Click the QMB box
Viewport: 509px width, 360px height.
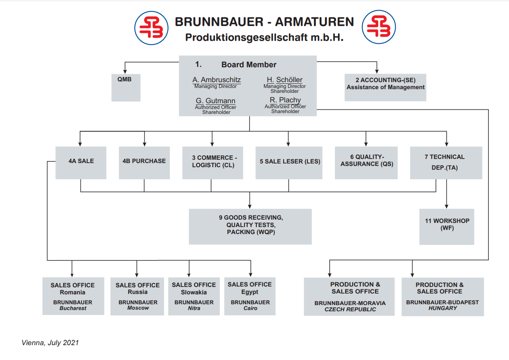point(126,88)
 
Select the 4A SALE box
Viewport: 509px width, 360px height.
point(81,163)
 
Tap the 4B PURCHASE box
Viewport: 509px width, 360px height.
point(144,163)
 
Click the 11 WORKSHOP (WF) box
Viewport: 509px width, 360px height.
point(447,227)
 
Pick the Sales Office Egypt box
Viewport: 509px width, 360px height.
point(250,296)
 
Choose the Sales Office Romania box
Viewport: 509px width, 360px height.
point(73,296)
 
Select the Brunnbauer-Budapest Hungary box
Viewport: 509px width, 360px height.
point(443,297)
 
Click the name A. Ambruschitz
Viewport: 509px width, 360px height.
point(216,80)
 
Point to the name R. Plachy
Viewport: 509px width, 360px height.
point(285,100)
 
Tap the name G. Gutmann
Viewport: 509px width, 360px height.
point(215,101)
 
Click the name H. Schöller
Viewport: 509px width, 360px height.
point(285,80)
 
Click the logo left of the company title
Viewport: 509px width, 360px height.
point(151,28)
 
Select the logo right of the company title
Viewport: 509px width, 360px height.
point(379,27)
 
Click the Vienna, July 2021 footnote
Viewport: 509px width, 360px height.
point(50,343)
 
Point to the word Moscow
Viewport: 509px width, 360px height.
point(138,308)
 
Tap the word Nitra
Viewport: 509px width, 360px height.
point(194,308)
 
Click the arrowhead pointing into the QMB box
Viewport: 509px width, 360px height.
point(125,72)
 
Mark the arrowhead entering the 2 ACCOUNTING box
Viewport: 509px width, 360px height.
point(377,71)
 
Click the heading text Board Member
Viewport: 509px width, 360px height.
point(249,64)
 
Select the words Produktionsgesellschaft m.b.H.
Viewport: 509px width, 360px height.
point(264,38)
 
